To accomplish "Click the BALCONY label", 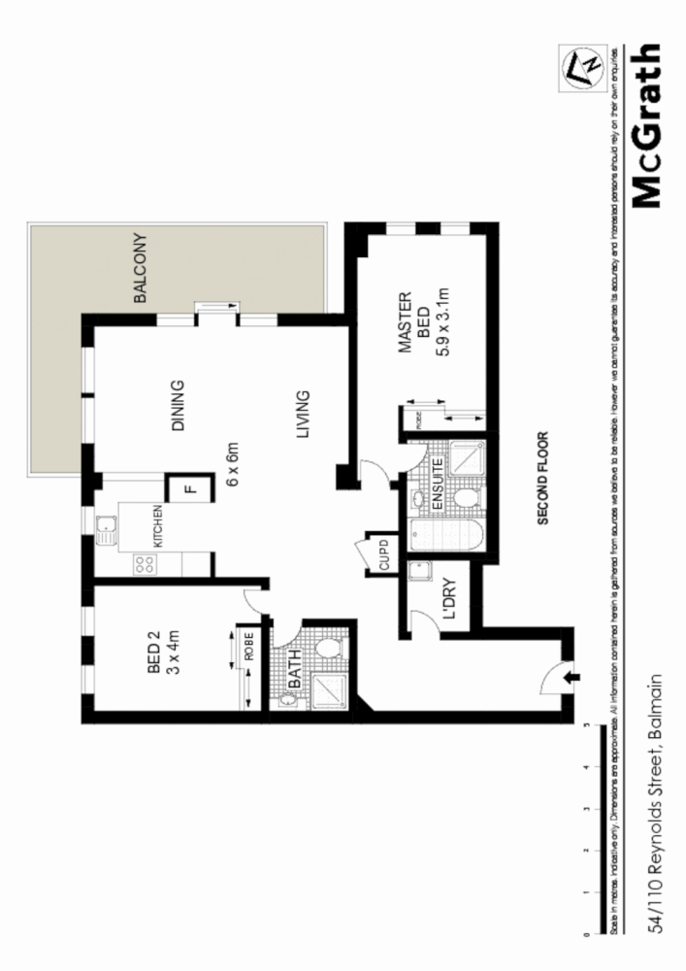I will [x=140, y=269].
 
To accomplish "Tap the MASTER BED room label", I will [x=414, y=323].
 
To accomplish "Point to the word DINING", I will [x=177, y=406].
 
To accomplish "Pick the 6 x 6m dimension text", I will [x=233, y=464].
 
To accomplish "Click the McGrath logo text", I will [x=648, y=126].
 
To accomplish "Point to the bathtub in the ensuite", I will [x=445, y=535].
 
